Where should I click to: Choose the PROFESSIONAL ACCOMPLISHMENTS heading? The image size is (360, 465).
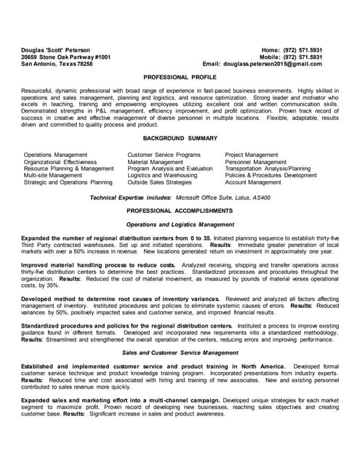[x=180, y=210]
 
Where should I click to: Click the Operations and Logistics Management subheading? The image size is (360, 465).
[x=180, y=225]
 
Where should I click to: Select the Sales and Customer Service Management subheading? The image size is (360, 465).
[x=180, y=352]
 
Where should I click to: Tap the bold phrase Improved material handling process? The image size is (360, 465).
[x=98, y=266]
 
